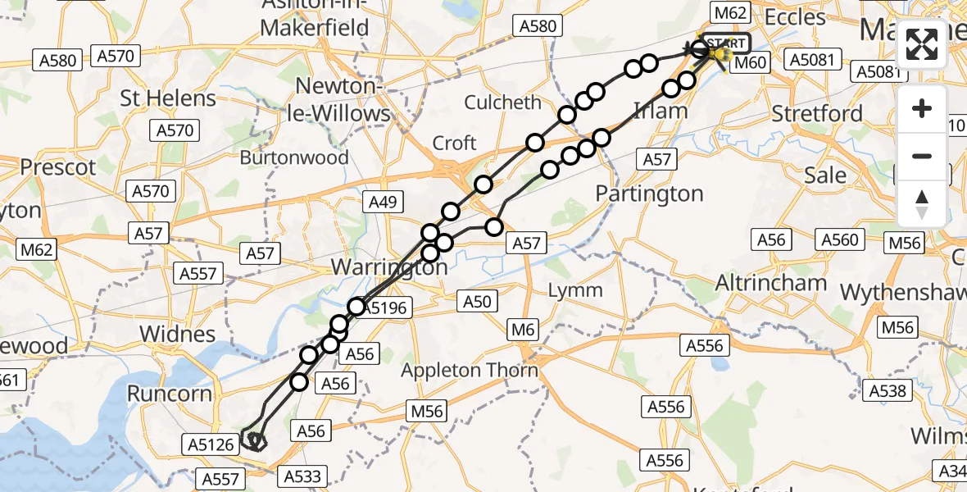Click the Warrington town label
(x=389, y=267)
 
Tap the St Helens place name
(x=168, y=98)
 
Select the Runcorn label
(x=170, y=394)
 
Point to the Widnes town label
(x=178, y=335)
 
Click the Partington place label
(x=649, y=194)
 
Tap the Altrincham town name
(x=771, y=283)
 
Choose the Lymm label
(x=574, y=290)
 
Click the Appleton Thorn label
(x=470, y=371)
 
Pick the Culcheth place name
(x=503, y=103)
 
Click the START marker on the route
(x=725, y=43)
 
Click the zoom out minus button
(x=922, y=156)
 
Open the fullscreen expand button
(x=922, y=45)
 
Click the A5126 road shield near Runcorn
(x=210, y=445)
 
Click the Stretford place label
(x=818, y=113)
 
